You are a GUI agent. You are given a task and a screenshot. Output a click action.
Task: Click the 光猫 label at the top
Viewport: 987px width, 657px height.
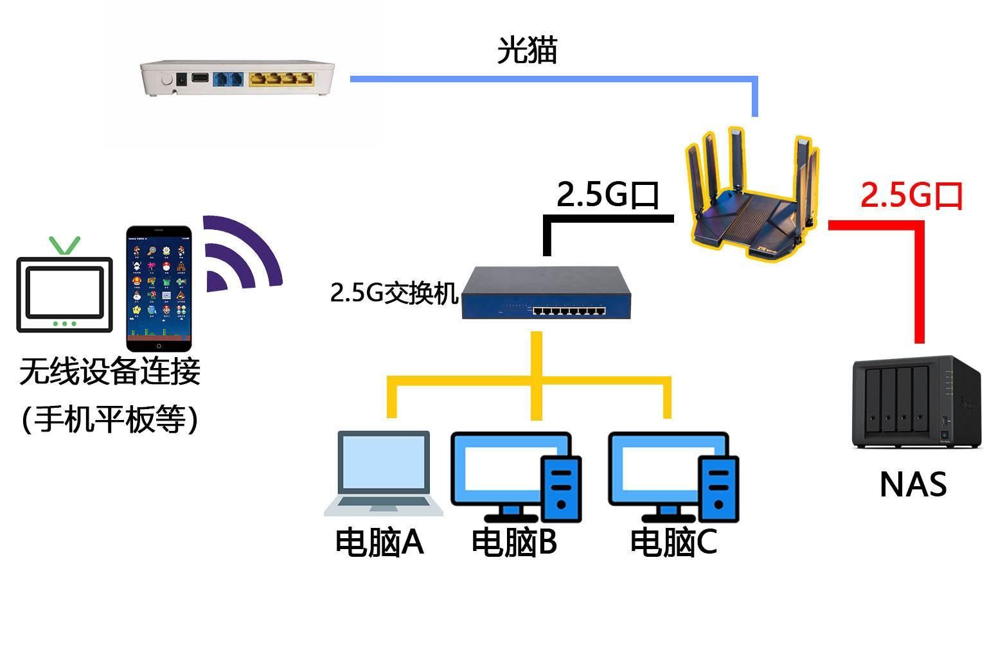pos(526,50)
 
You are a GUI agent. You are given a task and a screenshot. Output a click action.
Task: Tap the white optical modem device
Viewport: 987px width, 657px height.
pos(238,79)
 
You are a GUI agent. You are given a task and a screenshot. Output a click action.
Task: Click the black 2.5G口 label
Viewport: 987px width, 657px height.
pos(607,194)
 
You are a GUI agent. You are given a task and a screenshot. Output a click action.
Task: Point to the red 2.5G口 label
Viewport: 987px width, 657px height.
pos(911,195)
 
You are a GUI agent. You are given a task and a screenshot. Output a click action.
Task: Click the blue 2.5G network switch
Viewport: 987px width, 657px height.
pos(546,294)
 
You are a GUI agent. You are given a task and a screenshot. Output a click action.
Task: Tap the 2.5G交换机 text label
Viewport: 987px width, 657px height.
pos(394,293)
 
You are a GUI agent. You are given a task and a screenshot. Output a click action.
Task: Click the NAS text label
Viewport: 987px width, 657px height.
pos(912,485)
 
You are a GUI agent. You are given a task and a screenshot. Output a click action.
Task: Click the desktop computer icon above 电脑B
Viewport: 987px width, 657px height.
pos(516,476)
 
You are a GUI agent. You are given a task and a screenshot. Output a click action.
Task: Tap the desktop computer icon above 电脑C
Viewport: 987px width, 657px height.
pos(673,476)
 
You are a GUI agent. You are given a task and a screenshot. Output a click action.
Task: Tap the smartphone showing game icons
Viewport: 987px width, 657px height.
pos(159,287)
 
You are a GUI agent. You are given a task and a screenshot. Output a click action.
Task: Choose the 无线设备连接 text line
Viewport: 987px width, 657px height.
pos(110,371)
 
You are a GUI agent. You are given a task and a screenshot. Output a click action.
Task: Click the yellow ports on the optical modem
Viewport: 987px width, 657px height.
pos(281,79)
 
